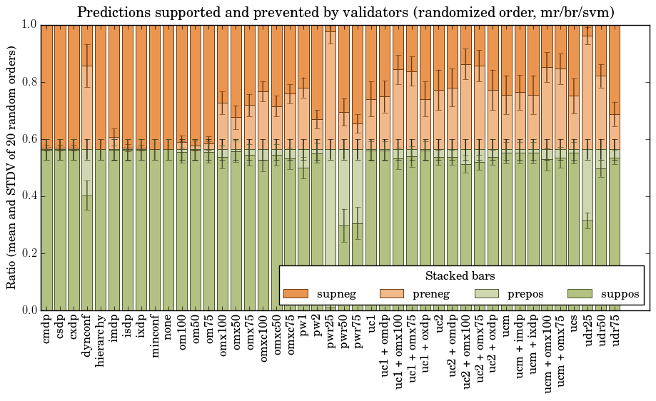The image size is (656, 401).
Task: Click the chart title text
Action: pyautogui.click(x=345, y=12)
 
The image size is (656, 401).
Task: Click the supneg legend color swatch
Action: pyautogui.click(x=295, y=294)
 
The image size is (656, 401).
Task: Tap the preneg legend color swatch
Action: pyautogui.click(x=391, y=294)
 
